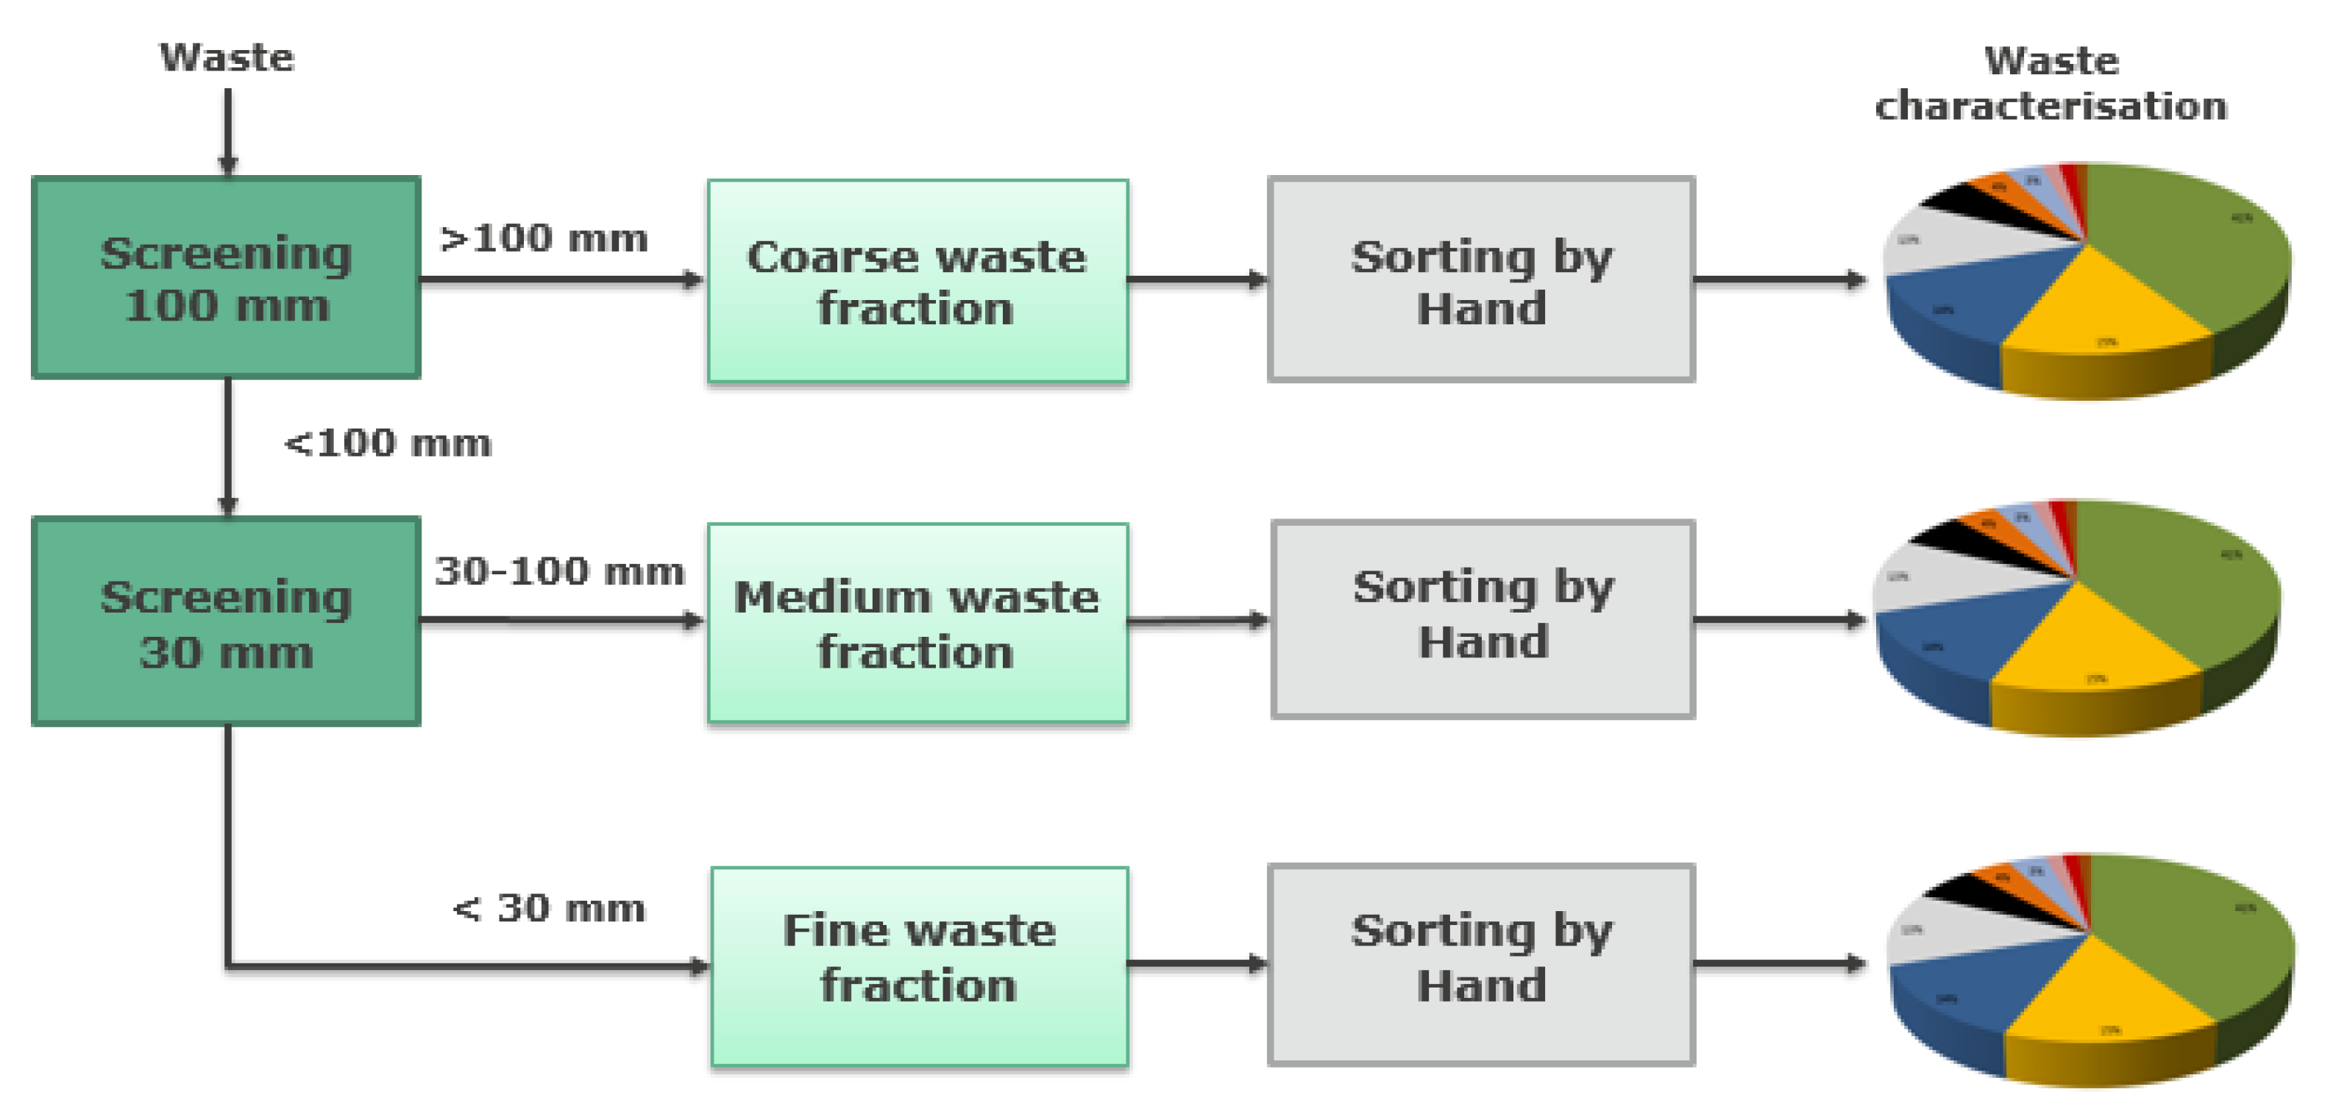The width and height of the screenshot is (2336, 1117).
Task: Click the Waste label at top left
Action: [227, 58]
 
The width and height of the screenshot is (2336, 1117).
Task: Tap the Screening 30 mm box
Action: [227, 622]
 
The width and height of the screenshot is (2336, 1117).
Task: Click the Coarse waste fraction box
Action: [917, 282]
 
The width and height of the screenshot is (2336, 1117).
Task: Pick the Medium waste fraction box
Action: [917, 624]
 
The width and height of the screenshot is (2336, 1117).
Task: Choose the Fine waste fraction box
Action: [920, 966]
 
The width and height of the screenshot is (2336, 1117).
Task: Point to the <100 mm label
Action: [388, 444]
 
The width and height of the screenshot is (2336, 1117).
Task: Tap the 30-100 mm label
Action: [559, 572]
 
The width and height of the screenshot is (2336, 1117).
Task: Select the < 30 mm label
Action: [550, 908]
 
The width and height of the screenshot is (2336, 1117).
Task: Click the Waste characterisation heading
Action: [2051, 83]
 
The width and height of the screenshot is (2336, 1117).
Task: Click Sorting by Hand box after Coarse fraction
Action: [1482, 280]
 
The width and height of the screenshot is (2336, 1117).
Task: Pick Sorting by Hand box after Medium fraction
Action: [1483, 620]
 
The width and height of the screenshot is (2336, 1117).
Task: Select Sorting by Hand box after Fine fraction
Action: [1482, 965]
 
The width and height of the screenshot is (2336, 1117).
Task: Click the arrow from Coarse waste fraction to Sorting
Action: [1197, 280]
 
